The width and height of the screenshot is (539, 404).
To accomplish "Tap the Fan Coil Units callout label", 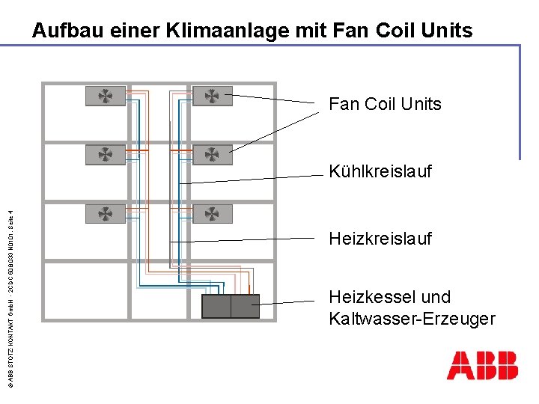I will click(385, 104).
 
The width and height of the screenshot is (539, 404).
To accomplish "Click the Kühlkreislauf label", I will click(380, 171).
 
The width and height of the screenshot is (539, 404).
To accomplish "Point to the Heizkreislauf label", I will click(380, 239).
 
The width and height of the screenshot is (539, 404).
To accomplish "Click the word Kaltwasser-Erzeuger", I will click(412, 319).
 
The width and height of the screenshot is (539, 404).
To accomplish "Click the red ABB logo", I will click(482, 365).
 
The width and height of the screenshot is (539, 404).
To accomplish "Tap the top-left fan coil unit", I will click(106, 96).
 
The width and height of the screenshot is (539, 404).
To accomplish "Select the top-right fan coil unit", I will click(213, 96).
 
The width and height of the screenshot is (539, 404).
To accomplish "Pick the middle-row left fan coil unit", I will click(106, 154).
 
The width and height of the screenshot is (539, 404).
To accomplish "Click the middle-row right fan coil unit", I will click(213, 154).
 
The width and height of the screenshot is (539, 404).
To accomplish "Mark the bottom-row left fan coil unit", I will click(106, 214).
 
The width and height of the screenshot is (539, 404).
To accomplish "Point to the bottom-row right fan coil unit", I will click(213, 214).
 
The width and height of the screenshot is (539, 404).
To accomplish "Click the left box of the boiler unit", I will click(216, 306).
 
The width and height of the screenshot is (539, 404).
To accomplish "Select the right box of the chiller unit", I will click(245, 306).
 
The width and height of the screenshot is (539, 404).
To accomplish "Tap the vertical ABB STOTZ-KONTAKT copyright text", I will click(10, 292).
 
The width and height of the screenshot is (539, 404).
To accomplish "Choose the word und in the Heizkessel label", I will click(436, 297).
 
